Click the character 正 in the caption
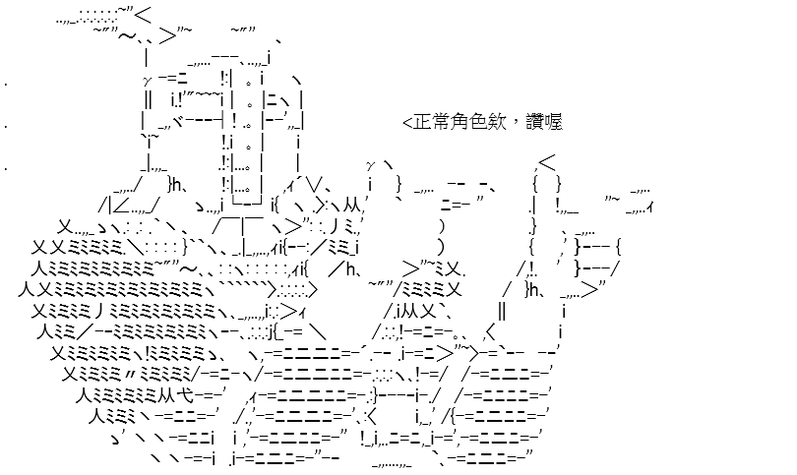(422, 123)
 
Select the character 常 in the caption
(442, 123)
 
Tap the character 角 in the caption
(461, 123)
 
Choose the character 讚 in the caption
(534, 123)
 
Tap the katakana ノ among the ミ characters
(96, 312)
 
